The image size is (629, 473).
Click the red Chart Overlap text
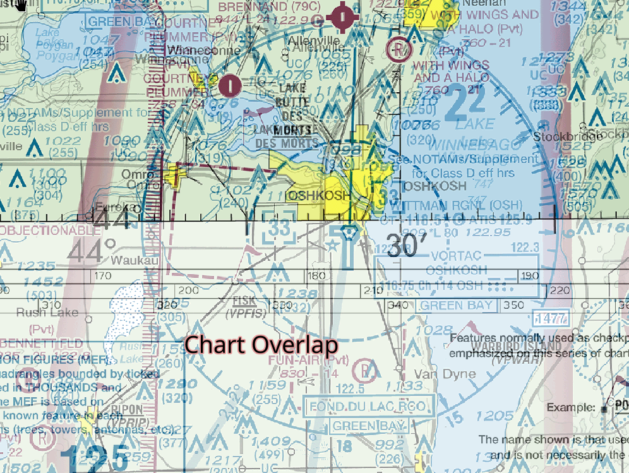coord(261,345)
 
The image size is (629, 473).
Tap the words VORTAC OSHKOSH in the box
coord(456,262)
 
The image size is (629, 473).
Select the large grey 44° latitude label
coord(92,252)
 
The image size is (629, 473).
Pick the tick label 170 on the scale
coord(101,276)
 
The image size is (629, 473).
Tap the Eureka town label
coord(116,207)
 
